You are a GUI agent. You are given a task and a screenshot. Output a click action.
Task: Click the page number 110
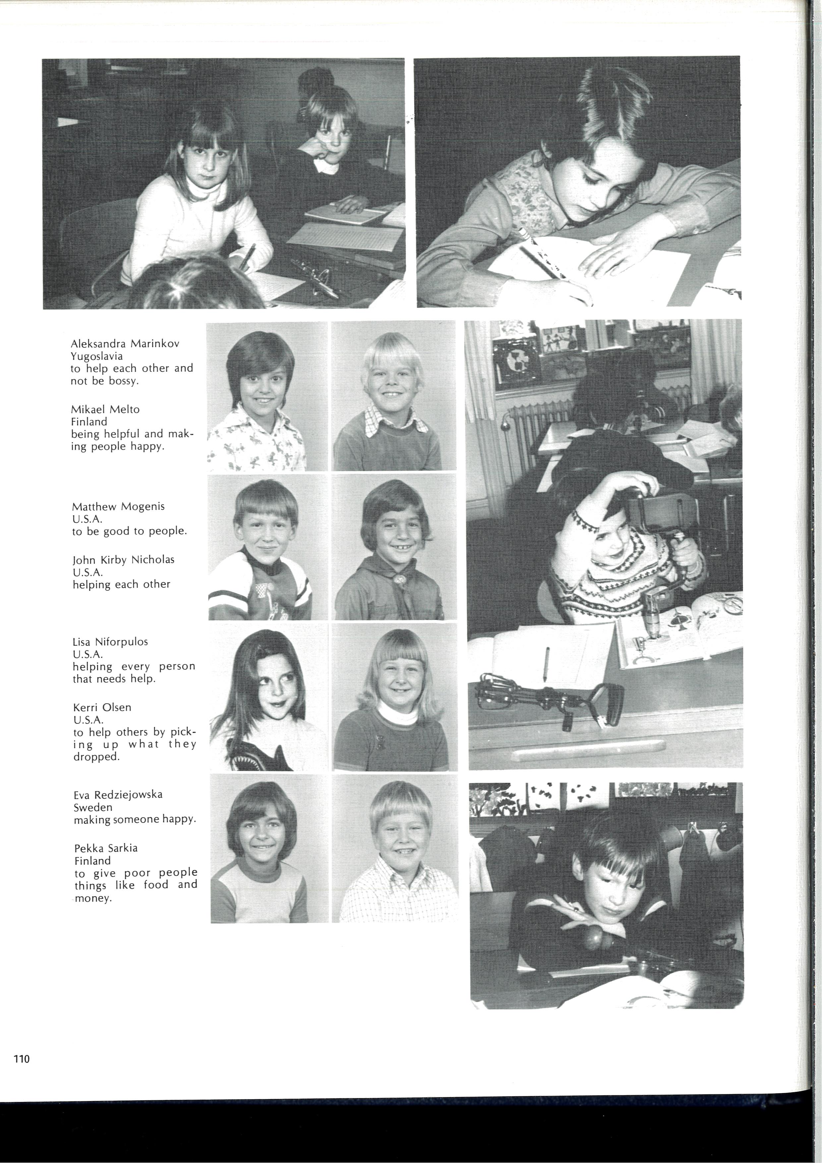pos(22,1059)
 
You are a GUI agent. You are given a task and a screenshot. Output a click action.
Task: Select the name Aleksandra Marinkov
pos(125,343)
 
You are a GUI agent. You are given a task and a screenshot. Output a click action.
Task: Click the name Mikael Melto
pos(105,409)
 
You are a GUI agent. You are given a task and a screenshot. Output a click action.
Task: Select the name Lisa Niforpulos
pos(110,642)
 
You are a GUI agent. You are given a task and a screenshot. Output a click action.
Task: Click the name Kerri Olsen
pos(102,707)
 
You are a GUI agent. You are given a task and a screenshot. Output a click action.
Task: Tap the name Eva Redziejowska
pos(118,795)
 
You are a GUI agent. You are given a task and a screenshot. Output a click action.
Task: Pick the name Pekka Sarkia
pos(105,848)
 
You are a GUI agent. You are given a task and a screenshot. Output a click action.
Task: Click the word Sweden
pos(93,807)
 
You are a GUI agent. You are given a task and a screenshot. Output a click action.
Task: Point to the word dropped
pos(96,757)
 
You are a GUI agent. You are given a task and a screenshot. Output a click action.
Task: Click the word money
pos(93,898)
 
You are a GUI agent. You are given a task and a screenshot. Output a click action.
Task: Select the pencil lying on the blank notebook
pos(546,664)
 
